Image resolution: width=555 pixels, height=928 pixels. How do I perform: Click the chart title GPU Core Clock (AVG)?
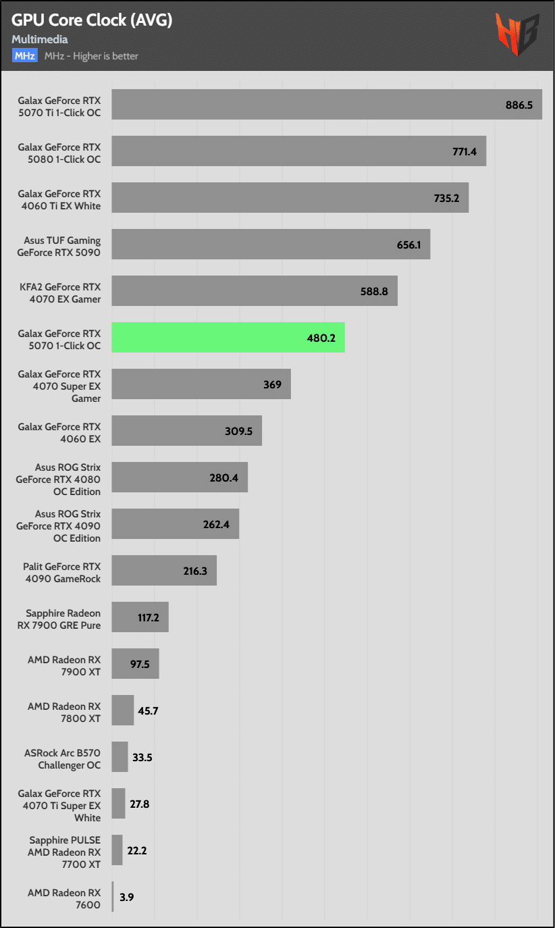pyautogui.click(x=92, y=21)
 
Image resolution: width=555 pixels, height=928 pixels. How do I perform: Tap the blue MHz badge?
pyautogui.click(x=24, y=56)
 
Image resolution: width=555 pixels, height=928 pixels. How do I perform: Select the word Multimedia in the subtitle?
pyautogui.click(x=40, y=40)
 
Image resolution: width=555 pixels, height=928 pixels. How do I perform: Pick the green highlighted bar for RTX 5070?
pyautogui.click(x=228, y=337)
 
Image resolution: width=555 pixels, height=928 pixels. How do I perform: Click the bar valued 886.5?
pyautogui.click(x=326, y=104)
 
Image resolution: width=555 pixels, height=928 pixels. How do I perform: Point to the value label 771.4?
pyautogui.click(x=464, y=151)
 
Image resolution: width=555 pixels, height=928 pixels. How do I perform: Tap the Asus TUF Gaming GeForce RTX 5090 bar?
pyautogui.click(x=270, y=244)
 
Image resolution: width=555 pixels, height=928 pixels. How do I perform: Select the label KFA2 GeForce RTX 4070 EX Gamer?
pyautogui.click(x=59, y=293)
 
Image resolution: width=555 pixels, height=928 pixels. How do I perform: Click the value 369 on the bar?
pyautogui.click(x=272, y=384)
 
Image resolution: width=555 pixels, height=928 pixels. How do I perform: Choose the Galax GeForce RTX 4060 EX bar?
pyautogui.click(x=186, y=430)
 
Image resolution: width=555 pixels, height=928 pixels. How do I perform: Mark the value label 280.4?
pyautogui.click(x=223, y=478)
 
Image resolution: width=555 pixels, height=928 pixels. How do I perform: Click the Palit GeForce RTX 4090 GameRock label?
pyautogui.click(x=61, y=573)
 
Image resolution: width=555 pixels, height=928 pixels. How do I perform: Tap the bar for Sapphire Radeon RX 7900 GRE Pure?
pyautogui.click(x=140, y=617)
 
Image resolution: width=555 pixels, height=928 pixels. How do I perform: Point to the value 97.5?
pyautogui.click(x=140, y=664)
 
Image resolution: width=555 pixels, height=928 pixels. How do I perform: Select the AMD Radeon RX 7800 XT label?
pyautogui.click(x=64, y=713)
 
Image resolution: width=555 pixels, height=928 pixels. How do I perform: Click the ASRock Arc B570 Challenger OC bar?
pyautogui.click(x=120, y=756)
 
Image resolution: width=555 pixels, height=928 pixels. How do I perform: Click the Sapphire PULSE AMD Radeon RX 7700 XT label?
pyautogui.click(x=65, y=852)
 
